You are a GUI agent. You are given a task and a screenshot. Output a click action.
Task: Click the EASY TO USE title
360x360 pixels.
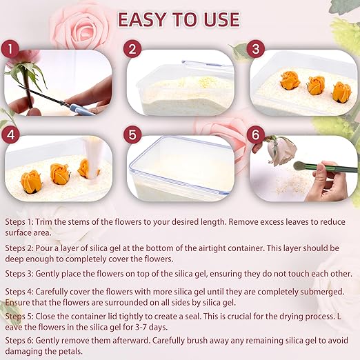[x=179, y=19]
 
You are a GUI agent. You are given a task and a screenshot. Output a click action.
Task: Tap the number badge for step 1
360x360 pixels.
[x=8, y=50]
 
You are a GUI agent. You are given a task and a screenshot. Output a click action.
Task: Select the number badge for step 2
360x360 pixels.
[x=134, y=50]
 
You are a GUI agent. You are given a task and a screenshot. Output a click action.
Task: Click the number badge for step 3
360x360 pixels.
[x=257, y=50]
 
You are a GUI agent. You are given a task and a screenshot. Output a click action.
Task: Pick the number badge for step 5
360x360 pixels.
[x=134, y=130]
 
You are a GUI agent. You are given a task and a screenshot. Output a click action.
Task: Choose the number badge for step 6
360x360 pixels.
[x=257, y=130]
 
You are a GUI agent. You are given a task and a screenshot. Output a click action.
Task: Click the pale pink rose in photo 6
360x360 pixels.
[x=282, y=150]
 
